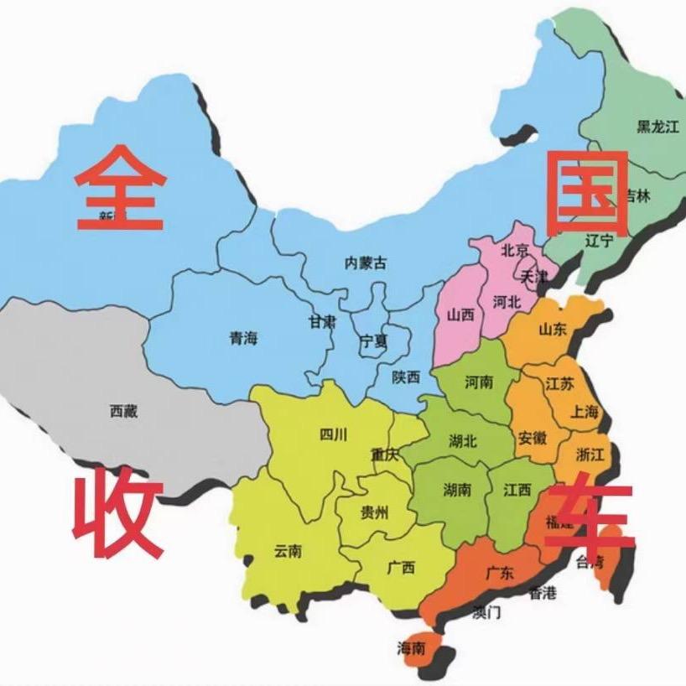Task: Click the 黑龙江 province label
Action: [x=657, y=127]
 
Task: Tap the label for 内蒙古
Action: [x=366, y=262]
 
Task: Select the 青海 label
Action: [x=244, y=339]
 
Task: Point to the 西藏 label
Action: [x=123, y=411]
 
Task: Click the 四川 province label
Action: [x=334, y=434]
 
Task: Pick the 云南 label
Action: [x=288, y=551]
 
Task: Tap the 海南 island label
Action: [x=411, y=647]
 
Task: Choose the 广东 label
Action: [x=500, y=574]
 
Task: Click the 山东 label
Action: [x=553, y=330]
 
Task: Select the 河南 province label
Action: [x=479, y=382]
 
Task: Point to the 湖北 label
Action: [x=463, y=440]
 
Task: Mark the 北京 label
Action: [x=515, y=250]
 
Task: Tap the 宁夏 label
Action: [x=374, y=341]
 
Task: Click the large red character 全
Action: [x=122, y=188]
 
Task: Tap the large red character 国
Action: [x=587, y=193]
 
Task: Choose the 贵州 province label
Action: [x=374, y=513]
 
